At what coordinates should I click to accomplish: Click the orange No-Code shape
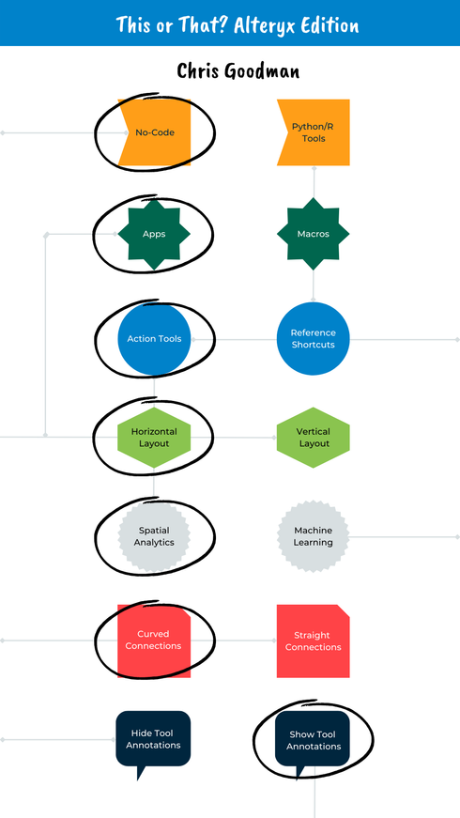click(155, 132)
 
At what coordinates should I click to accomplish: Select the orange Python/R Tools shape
click(313, 132)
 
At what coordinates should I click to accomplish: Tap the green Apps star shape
click(154, 234)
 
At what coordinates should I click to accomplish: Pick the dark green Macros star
click(313, 234)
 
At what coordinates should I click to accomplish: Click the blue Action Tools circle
click(154, 338)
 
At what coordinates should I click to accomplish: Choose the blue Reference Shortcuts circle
click(313, 338)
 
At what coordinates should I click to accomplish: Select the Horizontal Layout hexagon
click(154, 438)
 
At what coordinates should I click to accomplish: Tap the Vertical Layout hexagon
click(313, 438)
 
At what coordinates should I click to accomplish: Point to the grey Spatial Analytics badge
click(154, 536)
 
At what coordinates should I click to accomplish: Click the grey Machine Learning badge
click(313, 536)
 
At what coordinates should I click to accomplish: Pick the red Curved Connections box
click(154, 641)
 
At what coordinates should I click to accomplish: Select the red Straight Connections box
click(313, 641)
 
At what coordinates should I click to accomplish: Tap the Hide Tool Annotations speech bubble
click(153, 739)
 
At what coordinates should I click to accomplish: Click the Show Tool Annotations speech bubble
click(313, 739)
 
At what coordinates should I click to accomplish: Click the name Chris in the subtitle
click(200, 71)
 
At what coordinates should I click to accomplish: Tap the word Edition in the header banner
click(324, 23)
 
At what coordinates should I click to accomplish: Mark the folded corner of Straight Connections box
click(344, 610)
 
